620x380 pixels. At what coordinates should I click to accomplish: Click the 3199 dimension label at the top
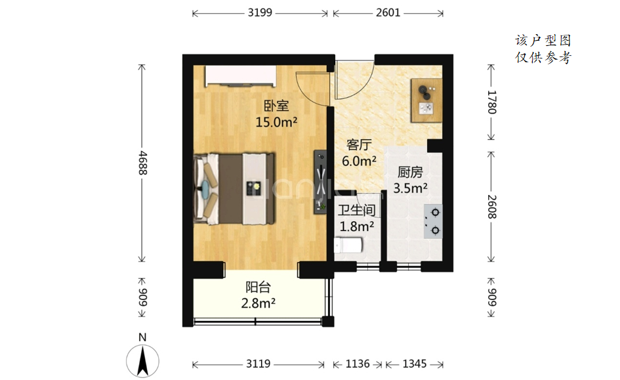coord(260,12)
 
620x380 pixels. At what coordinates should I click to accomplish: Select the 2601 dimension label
coord(388,12)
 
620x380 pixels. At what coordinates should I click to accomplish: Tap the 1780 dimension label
coord(491,102)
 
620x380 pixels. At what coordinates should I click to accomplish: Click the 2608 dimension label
coord(491,207)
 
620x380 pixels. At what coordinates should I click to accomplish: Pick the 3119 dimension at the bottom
coord(258,364)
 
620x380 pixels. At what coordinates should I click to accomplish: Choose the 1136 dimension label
coord(358,364)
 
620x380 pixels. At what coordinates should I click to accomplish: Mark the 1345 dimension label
coord(415,364)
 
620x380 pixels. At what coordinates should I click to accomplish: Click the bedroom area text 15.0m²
coord(276,122)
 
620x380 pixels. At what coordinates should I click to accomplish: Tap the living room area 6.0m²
coord(359,161)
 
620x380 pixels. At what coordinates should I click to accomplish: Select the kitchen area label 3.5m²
coord(410,188)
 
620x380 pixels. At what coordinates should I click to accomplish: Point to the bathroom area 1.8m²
coord(357,226)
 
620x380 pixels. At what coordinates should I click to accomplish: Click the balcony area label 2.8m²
coord(258,303)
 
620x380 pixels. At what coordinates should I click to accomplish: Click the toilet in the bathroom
coord(348,245)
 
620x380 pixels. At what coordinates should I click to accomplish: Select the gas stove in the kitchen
coord(433,221)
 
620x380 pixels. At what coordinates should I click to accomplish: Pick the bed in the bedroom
coord(234,189)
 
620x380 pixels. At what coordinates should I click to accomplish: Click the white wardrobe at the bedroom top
coord(240,76)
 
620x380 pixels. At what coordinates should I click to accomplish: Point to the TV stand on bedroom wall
coord(320,182)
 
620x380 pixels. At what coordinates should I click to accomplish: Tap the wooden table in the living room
coord(426,100)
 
